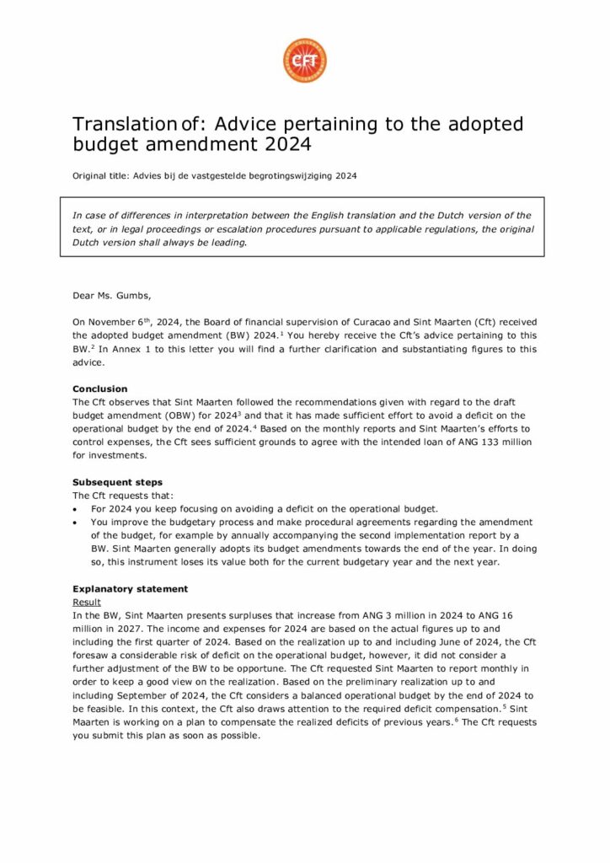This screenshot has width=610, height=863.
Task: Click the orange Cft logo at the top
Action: point(304,61)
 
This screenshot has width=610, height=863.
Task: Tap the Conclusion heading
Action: point(100,389)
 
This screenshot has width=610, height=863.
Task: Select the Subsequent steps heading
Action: point(111,482)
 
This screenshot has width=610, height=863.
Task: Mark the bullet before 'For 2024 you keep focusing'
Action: point(76,509)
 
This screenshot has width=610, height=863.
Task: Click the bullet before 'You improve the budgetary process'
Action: point(76,523)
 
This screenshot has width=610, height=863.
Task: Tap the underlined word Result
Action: point(87,603)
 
